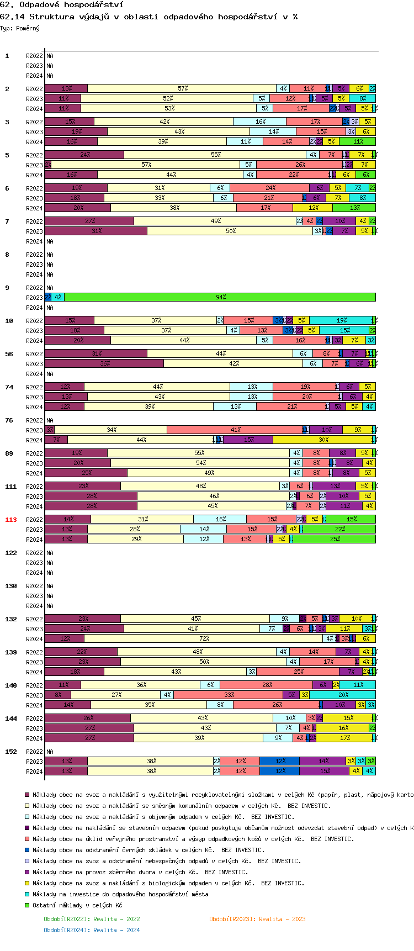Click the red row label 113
click(x=11, y=520)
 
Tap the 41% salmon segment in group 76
click(x=235, y=430)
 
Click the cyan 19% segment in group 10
click(x=341, y=320)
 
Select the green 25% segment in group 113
click(x=335, y=539)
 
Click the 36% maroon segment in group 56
click(x=104, y=363)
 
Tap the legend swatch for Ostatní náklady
click(x=26, y=905)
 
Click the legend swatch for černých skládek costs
click(x=26, y=850)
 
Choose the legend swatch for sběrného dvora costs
click(x=26, y=872)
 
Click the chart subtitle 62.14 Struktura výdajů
click(x=148, y=17)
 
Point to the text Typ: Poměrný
click(x=20, y=28)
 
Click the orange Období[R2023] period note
click(x=257, y=919)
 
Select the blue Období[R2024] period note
click(x=92, y=930)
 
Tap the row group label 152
click(x=11, y=752)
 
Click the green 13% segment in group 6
click(x=354, y=208)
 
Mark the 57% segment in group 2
click(x=182, y=88)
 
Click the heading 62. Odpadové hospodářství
click(x=61, y=5)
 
